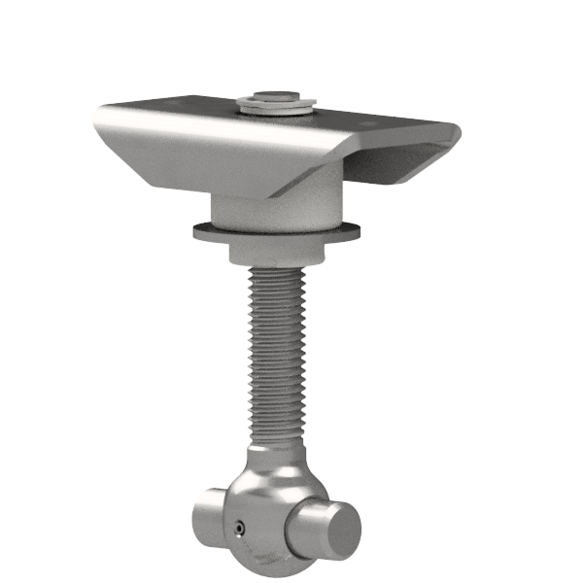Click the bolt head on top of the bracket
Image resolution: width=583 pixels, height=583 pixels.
coord(276,97)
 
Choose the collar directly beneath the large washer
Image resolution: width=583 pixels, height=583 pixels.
coord(277,252)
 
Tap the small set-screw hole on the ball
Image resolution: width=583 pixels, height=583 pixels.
coord(239,527)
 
